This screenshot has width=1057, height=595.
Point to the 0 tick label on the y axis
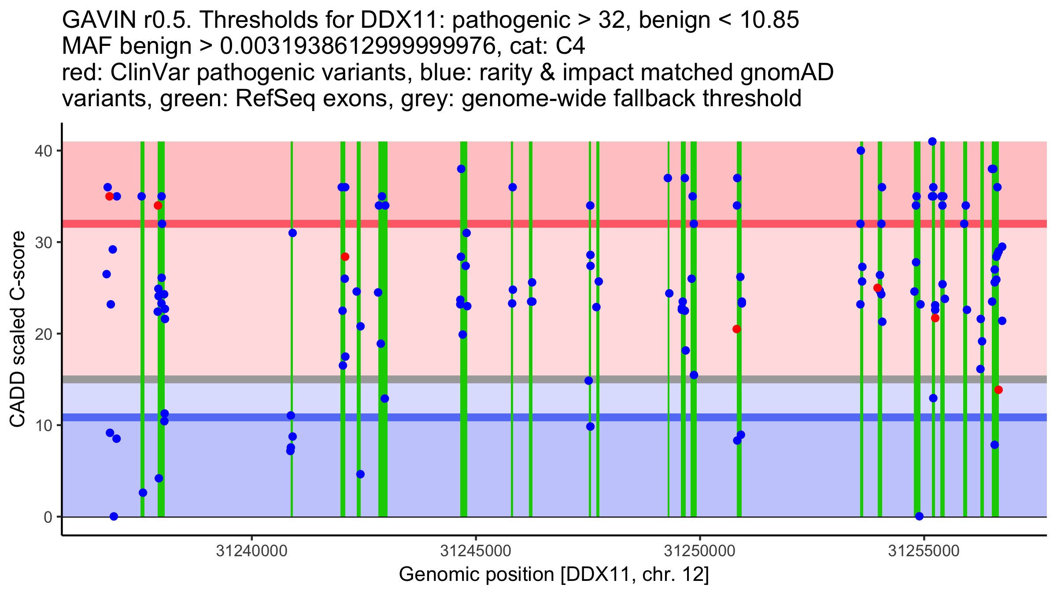coord(48,517)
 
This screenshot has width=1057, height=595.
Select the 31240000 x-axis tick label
coord(252,551)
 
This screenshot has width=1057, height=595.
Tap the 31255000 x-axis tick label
coord(924,551)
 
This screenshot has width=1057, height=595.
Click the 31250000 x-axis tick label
coord(699,551)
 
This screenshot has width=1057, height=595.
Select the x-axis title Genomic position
coord(554,575)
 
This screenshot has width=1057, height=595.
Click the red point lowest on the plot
coord(998,390)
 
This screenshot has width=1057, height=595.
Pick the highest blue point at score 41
coord(932,141)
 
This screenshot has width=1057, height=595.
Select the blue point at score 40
coord(861,151)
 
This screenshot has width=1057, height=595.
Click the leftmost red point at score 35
coord(110,197)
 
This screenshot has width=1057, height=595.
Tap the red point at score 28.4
coord(345,257)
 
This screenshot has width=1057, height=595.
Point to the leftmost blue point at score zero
coord(114,517)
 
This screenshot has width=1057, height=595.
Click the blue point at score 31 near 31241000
coord(292,233)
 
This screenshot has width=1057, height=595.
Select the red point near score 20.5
coord(736,329)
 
